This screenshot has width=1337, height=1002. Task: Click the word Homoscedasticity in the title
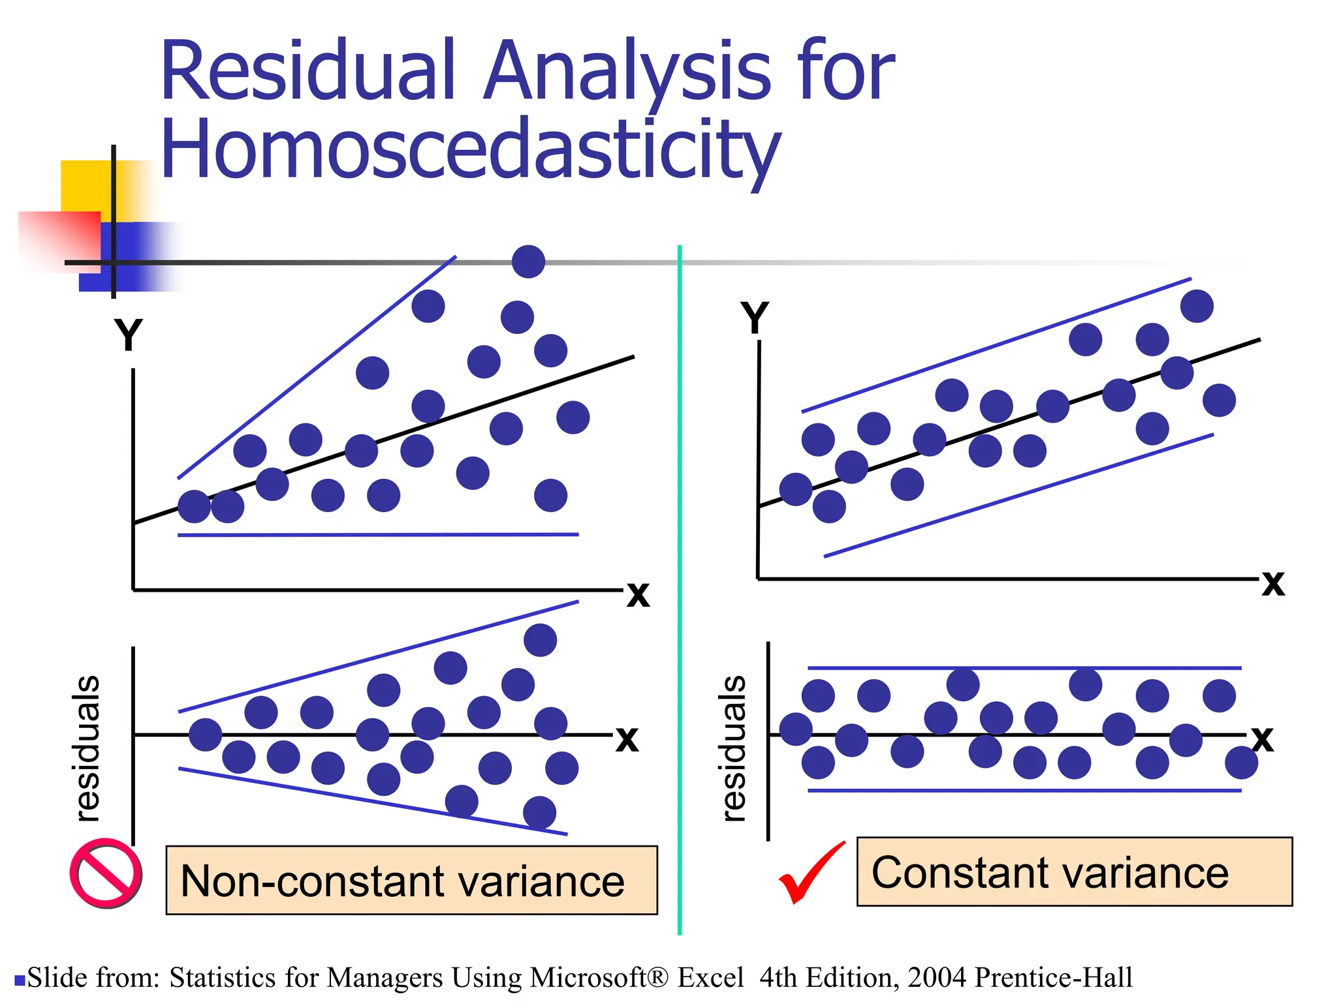coord(470,150)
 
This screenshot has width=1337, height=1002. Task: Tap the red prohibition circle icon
coord(106,873)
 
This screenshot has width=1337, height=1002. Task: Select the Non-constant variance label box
coord(411,880)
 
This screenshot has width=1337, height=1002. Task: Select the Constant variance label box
coord(1074,872)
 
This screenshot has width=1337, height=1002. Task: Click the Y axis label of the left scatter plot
coord(128,335)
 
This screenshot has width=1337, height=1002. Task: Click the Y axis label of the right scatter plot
coord(755,318)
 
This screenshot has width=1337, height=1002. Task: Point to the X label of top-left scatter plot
coord(638,594)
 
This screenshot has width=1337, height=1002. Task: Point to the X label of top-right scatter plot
coord(1272,583)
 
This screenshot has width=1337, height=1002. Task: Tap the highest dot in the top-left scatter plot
coord(528,262)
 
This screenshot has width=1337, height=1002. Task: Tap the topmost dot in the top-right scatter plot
coord(1197,306)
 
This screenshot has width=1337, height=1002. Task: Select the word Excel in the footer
coord(710,977)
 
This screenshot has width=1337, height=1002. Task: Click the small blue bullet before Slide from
coord(20,980)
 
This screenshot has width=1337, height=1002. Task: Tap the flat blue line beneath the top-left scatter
coord(379,534)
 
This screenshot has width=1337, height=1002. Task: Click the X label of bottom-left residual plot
coord(627,739)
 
